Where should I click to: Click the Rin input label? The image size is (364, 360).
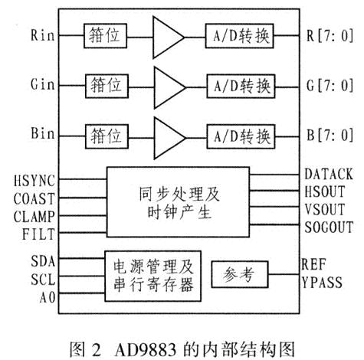[43, 34]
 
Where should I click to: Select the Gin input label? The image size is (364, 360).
[43, 84]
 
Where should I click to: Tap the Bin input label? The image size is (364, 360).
[43, 133]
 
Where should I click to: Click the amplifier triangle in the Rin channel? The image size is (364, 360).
[169, 38]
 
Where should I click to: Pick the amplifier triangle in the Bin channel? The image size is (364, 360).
[169, 138]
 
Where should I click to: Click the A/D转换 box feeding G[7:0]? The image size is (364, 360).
[241, 86]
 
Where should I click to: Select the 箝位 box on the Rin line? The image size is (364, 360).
[105, 36]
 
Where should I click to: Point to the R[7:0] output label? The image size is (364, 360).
[330, 35]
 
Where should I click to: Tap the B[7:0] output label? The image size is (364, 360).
[330, 135]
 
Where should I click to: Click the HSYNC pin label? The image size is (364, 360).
[34, 181]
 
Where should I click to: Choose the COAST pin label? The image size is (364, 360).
[34, 198]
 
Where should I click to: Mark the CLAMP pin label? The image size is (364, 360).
[34, 217]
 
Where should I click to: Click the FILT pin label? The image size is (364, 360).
[38, 234]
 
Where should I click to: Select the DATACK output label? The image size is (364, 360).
[329, 174]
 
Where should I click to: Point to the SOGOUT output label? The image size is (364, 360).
[329, 227]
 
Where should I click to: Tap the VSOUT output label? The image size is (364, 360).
[325, 209]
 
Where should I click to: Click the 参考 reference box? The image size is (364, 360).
[240, 274]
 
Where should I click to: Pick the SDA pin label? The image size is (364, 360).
[43, 261]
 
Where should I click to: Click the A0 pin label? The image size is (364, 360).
[48, 297]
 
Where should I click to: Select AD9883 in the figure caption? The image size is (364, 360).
[146, 350]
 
